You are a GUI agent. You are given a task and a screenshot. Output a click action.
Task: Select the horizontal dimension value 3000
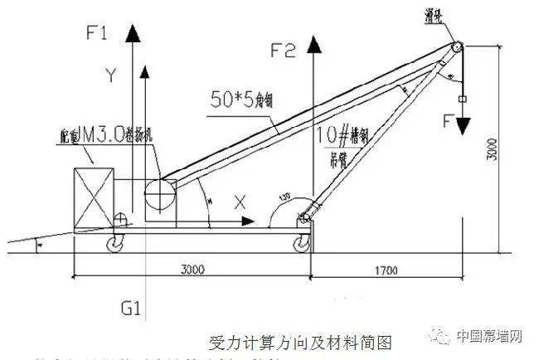[192, 270]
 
